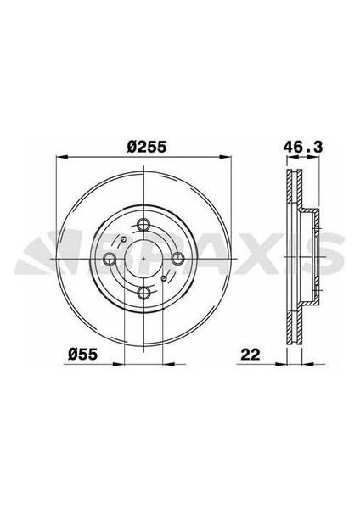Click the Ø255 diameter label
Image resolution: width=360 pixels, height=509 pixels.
coord(144,147)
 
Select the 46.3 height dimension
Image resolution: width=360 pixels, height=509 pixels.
coord(305,147)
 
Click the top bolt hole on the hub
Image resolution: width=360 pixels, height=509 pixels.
coord(144,225)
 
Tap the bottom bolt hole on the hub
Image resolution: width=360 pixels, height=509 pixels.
coord(144,294)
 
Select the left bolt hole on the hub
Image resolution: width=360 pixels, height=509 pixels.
coord(110,260)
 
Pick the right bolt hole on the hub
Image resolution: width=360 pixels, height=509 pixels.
coord(179,260)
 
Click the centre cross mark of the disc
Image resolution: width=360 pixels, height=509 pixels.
coord(144,260)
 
